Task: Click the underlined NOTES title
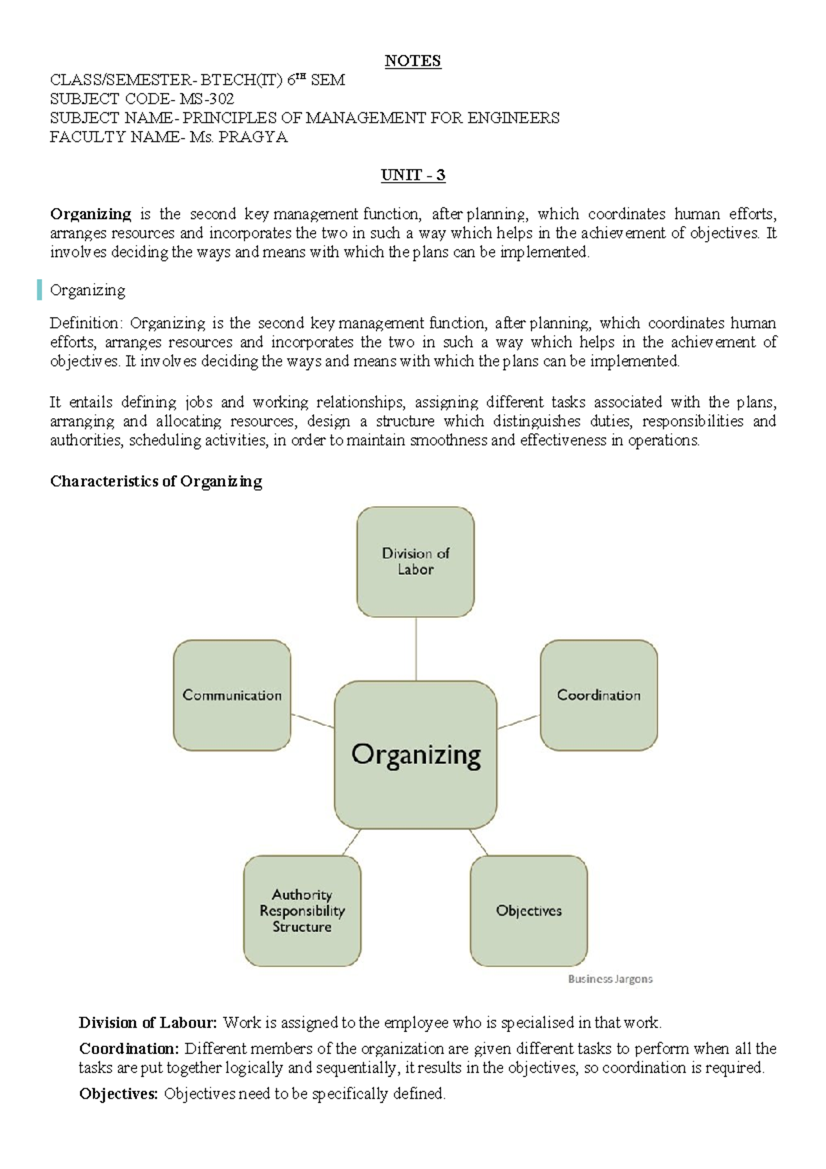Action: click(x=412, y=61)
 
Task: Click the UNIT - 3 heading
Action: click(x=413, y=175)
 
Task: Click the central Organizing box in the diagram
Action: click(x=416, y=755)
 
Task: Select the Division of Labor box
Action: click(x=416, y=562)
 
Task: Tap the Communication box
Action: click(x=232, y=695)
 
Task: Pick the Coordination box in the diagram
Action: click(x=599, y=695)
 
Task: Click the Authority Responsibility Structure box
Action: click(x=302, y=911)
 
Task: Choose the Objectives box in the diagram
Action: click(x=529, y=911)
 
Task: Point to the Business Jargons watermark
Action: click(x=610, y=979)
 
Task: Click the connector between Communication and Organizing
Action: click(x=313, y=721)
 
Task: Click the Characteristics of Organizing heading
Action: click(x=156, y=482)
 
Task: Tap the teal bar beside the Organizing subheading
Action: click(x=40, y=290)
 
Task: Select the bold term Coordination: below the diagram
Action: click(x=129, y=1049)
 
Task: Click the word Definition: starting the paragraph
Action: click(x=87, y=323)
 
